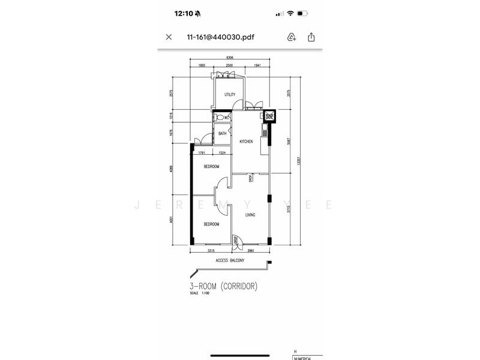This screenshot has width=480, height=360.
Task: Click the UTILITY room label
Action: (230, 95)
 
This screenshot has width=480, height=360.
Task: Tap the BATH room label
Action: (222, 134)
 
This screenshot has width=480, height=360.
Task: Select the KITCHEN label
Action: (246, 142)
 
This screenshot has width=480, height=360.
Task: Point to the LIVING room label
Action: (251, 214)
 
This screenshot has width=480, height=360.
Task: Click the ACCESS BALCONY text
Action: (230, 261)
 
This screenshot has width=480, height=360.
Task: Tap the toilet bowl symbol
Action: (220, 118)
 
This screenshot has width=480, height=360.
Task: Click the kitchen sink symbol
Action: (265, 127)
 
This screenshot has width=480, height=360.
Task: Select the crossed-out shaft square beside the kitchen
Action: (269, 117)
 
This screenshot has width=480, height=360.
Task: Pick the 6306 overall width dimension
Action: (230, 58)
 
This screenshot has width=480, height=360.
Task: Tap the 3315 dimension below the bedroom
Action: (211, 251)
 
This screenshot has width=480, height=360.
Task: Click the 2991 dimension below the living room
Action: (250, 251)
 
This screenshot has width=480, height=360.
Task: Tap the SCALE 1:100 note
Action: (198, 293)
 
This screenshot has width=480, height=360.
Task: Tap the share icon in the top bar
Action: (311, 37)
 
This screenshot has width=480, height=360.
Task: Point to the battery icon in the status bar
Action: (303, 13)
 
